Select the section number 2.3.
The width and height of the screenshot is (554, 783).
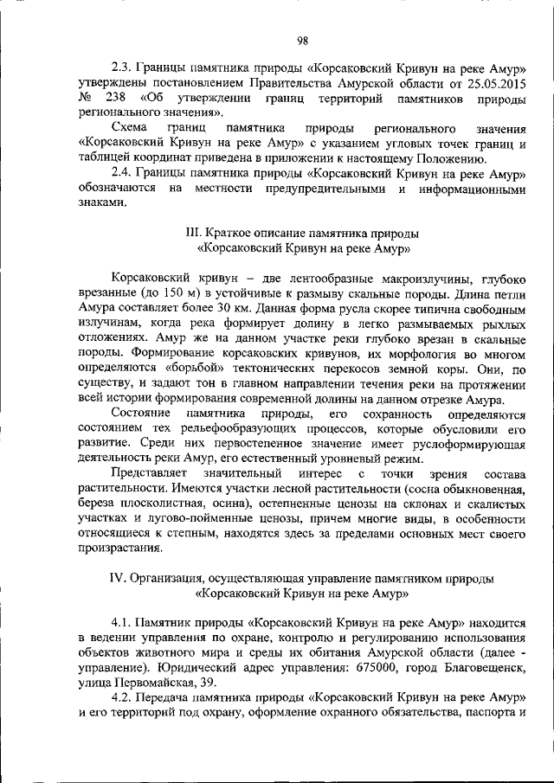point(123,68)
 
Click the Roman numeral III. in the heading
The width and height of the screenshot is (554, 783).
point(195,234)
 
